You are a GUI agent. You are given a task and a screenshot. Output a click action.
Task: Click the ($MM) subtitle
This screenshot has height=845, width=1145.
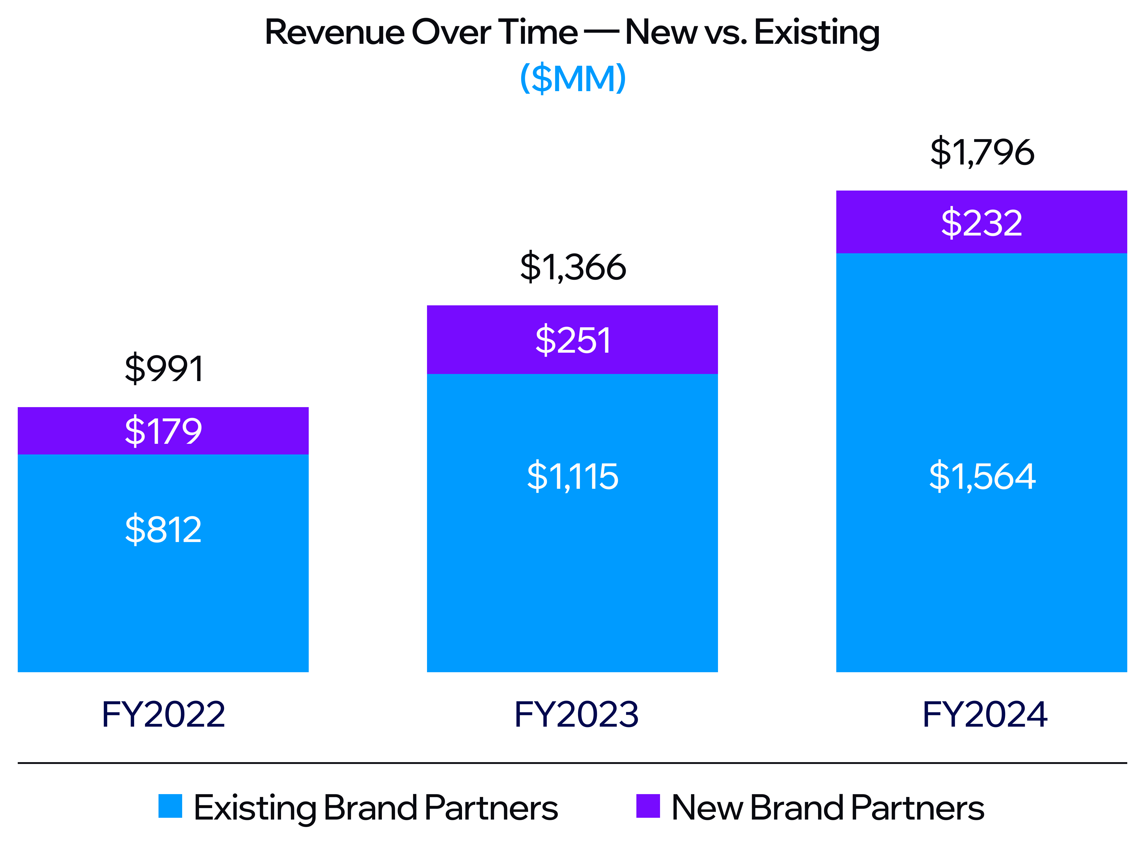pos(572,78)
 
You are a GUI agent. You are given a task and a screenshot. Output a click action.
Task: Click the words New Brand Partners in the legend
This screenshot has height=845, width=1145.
pos(828,808)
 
